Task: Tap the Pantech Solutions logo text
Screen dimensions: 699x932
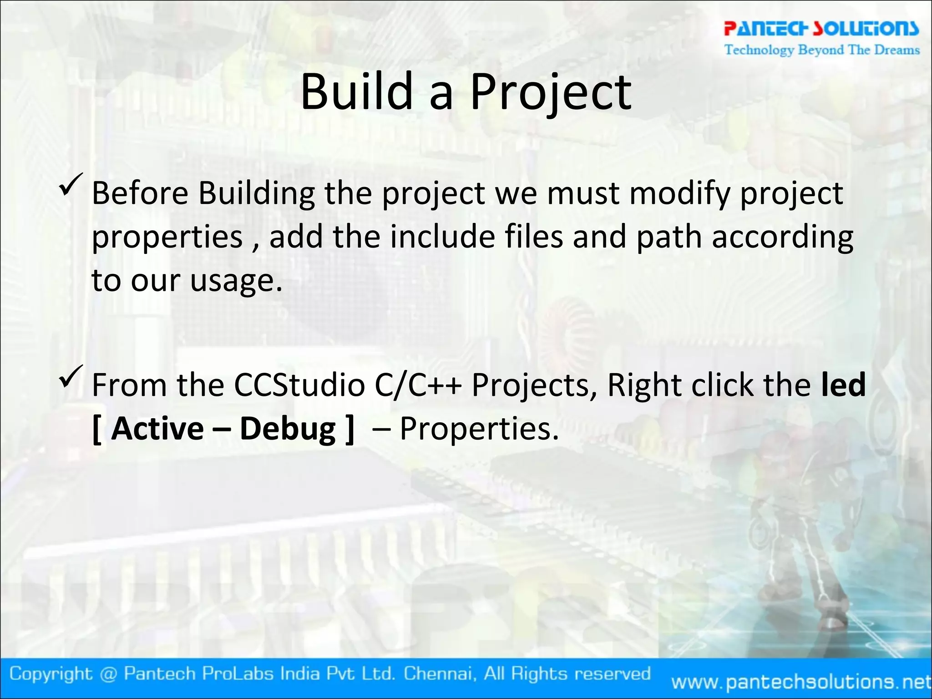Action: pos(821,28)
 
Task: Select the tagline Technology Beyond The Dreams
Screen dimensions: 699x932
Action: pos(822,50)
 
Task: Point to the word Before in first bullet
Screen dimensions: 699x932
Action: pos(140,193)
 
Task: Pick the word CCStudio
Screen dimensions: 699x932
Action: pos(299,385)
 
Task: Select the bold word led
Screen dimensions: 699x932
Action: pos(843,385)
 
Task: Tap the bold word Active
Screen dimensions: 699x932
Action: pos(157,429)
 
